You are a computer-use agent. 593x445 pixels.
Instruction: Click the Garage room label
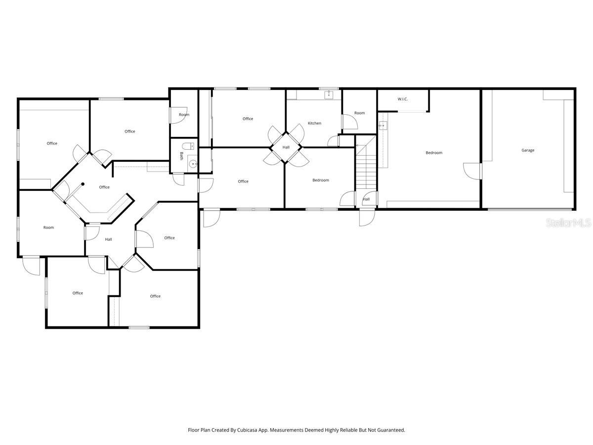(x=528, y=150)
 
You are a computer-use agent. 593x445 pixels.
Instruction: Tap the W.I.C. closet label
(x=403, y=99)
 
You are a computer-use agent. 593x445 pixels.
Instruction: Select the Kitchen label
(x=314, y=123)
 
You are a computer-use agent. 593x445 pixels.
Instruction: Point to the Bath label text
(x=181, y=156)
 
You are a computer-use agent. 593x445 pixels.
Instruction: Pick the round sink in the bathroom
(x=193, y=163)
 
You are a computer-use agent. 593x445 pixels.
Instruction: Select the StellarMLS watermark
(x=568, y=223)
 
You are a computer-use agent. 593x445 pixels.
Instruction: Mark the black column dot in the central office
(x=83, y=184)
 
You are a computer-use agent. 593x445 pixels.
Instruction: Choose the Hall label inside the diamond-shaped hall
(x=286, y=147)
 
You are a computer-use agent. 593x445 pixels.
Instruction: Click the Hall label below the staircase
(x=366, y=199)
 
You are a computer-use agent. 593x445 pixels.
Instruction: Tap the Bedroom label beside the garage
(x=434, y=153)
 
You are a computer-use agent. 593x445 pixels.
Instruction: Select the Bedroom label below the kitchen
(x=321, y=180)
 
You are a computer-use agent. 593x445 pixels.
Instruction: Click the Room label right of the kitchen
(x=359, y=113)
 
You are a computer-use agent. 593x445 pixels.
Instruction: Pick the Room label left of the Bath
(x=184, y=115)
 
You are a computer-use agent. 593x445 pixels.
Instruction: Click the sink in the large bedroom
(x=382, y=126)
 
